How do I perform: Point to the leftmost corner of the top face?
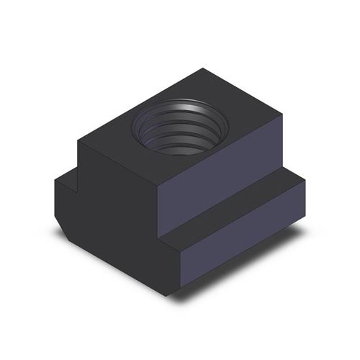tap(78, 141)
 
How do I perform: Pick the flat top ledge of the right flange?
tap(238, 208)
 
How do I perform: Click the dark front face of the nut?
tap(115, 216)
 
